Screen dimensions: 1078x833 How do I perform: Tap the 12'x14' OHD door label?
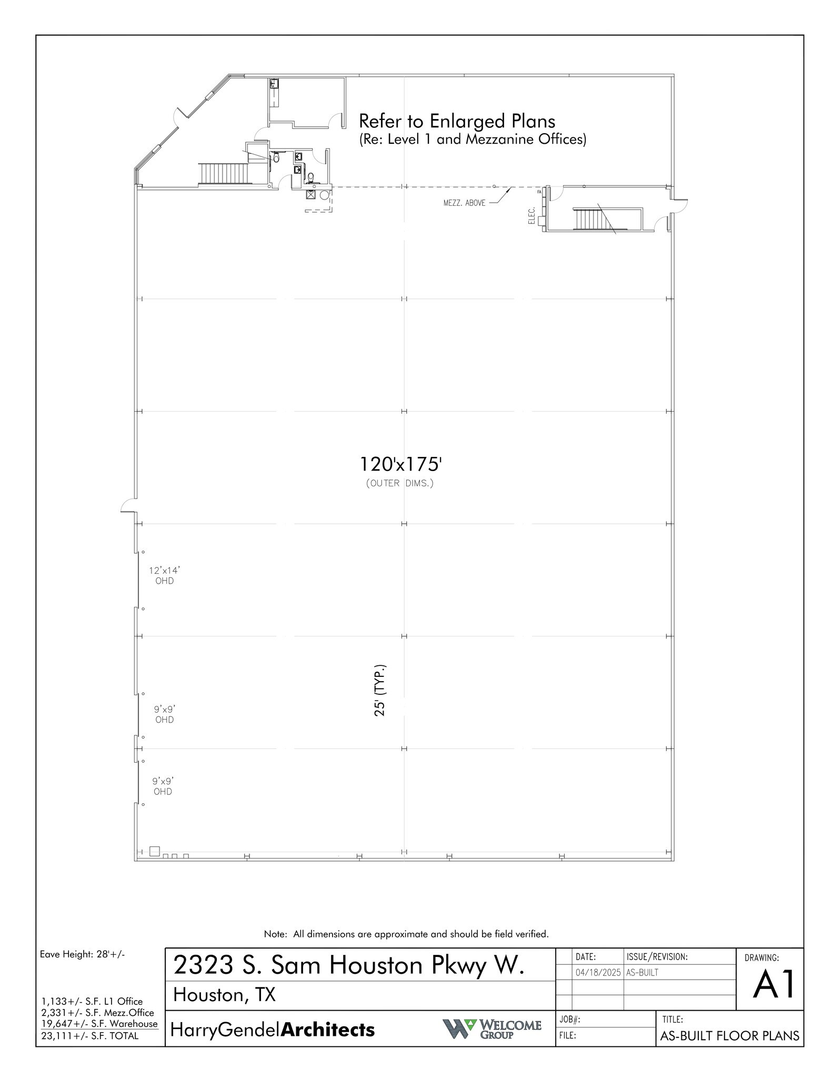[x=164, y=575]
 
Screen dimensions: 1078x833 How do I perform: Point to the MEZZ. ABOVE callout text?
[x=464, y=203]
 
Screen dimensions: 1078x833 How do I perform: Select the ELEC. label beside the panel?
[x=531, y=215]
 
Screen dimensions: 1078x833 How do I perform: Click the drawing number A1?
[x=773, y=985]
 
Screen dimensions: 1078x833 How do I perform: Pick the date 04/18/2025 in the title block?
[x=598, y=972]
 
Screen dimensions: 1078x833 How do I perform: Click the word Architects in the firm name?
[x=328, y=1030]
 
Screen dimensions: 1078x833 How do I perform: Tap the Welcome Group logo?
[x=491, y=1029]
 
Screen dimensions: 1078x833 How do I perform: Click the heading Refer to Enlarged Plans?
[x=457, y=122]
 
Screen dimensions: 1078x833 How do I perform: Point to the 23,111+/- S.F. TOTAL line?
[x=90, y=1036]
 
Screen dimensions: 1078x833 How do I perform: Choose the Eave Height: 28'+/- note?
[x=82, y=954]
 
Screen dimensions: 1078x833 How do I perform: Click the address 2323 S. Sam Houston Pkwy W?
[x=349, y=965]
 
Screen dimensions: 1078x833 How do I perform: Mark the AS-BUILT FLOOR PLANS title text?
[x=729, y=1036]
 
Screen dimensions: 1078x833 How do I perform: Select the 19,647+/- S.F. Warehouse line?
[x=99, y=1024]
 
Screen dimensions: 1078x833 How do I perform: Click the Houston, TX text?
[x=224, y=995]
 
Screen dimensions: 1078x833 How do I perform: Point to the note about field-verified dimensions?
[x=406, y=934]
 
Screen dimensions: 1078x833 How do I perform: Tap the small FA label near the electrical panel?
[x=539, y=192]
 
